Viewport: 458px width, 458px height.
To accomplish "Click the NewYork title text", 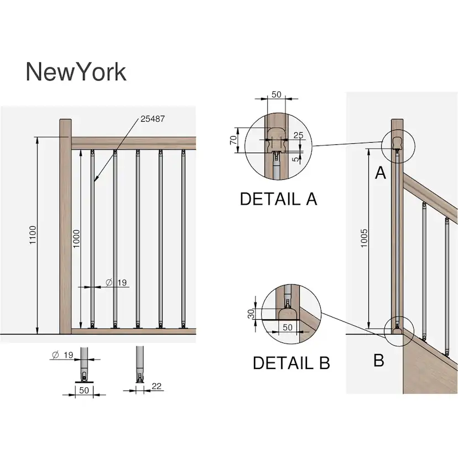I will [x=76, y=72].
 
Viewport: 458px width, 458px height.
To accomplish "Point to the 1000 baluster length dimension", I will [x=77, y=238].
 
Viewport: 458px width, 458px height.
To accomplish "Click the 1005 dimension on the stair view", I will [x=364, y=237].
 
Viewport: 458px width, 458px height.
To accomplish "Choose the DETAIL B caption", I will [x=291, y=363].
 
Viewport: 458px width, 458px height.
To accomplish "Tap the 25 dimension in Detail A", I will [x=298, y=136].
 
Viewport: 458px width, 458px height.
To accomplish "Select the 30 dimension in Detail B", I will [x=251, y=314].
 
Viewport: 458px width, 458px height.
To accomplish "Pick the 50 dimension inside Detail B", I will [x=288, y=327].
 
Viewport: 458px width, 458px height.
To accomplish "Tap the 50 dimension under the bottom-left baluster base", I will [x=84, y=391].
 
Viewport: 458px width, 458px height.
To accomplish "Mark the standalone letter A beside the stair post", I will [x=380, y=174].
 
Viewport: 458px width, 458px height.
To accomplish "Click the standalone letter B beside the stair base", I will [x=379, y=361].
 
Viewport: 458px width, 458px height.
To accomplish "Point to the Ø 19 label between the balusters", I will [x=116, y=283].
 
